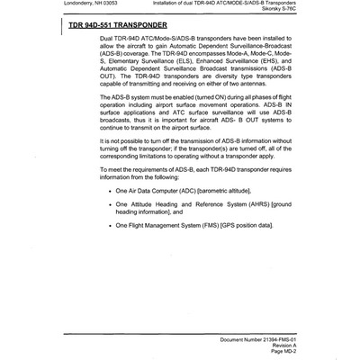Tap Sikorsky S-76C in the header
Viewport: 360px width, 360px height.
(x=332, y=14)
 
